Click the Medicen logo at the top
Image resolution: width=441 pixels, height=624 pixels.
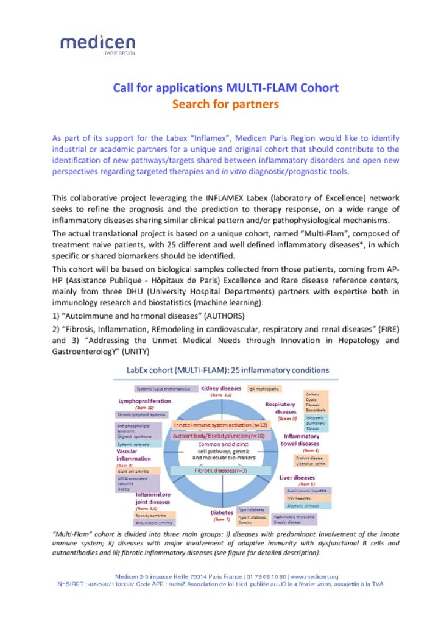pyautogui.click(x=97, y=44)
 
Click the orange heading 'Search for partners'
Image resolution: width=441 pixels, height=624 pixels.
pyautogui.click(x=225, y=104)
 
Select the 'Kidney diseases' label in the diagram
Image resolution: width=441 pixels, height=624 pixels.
pyautogui.click(x=221, y=388)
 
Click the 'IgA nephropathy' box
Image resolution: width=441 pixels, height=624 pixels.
pyautogui.click(x=264, y=388)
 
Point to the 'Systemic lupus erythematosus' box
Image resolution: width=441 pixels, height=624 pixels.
pyautogui.click(x=163, y=388)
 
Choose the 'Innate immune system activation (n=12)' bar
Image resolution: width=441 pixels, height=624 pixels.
pyautogui.click(x=220, y=424)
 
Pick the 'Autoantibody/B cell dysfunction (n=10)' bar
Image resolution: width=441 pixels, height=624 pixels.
pyautogui.click(x=218, y=436)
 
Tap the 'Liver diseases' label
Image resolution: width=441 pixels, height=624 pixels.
pyautogui.click(x=297, y=478)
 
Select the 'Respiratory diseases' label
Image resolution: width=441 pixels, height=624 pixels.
pyautogui.click(x=281, y=407)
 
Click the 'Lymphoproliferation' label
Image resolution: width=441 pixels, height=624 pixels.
pyautogui.click(x=144, y=401)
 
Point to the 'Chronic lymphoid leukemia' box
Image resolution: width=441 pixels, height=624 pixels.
pyautogui.click(x=139, y=414)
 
